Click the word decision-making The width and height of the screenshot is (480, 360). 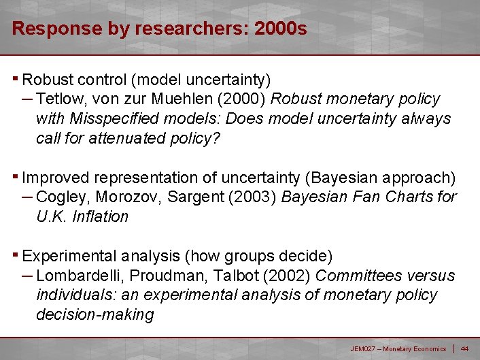[x=95, y=315]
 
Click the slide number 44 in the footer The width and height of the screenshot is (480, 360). [x=465, y=349]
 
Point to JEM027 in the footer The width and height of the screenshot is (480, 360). [x=362, y=349]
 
